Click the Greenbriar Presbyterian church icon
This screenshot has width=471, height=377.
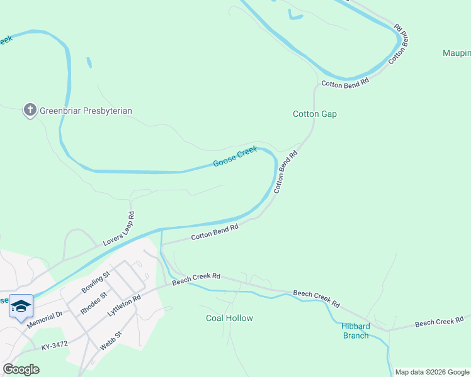(30, 111)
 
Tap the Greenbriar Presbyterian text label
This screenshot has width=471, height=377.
(86, 111)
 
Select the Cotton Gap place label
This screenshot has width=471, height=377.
(315, 114)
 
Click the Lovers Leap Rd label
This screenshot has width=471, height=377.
(118, 229)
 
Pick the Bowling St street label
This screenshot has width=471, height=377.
(96, 283)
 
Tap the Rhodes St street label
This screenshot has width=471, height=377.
(94, 302)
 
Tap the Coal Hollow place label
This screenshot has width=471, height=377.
(229, 318)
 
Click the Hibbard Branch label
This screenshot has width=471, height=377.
(355, 331)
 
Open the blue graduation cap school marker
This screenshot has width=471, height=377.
(21, 306)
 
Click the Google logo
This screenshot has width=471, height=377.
(21, 369)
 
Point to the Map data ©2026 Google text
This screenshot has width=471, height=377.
(432, 372)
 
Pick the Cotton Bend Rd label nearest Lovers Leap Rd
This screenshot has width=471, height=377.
(215, 232)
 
